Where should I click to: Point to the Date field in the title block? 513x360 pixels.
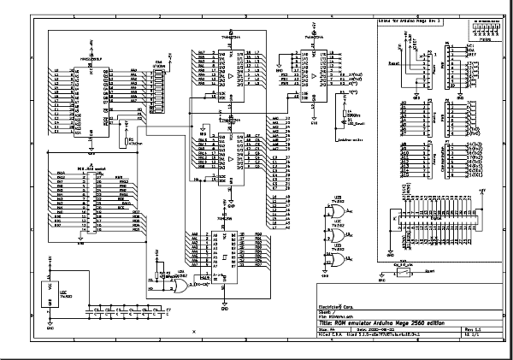(x=373, y=328)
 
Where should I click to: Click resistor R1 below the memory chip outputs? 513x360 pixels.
(x=127, y=141)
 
